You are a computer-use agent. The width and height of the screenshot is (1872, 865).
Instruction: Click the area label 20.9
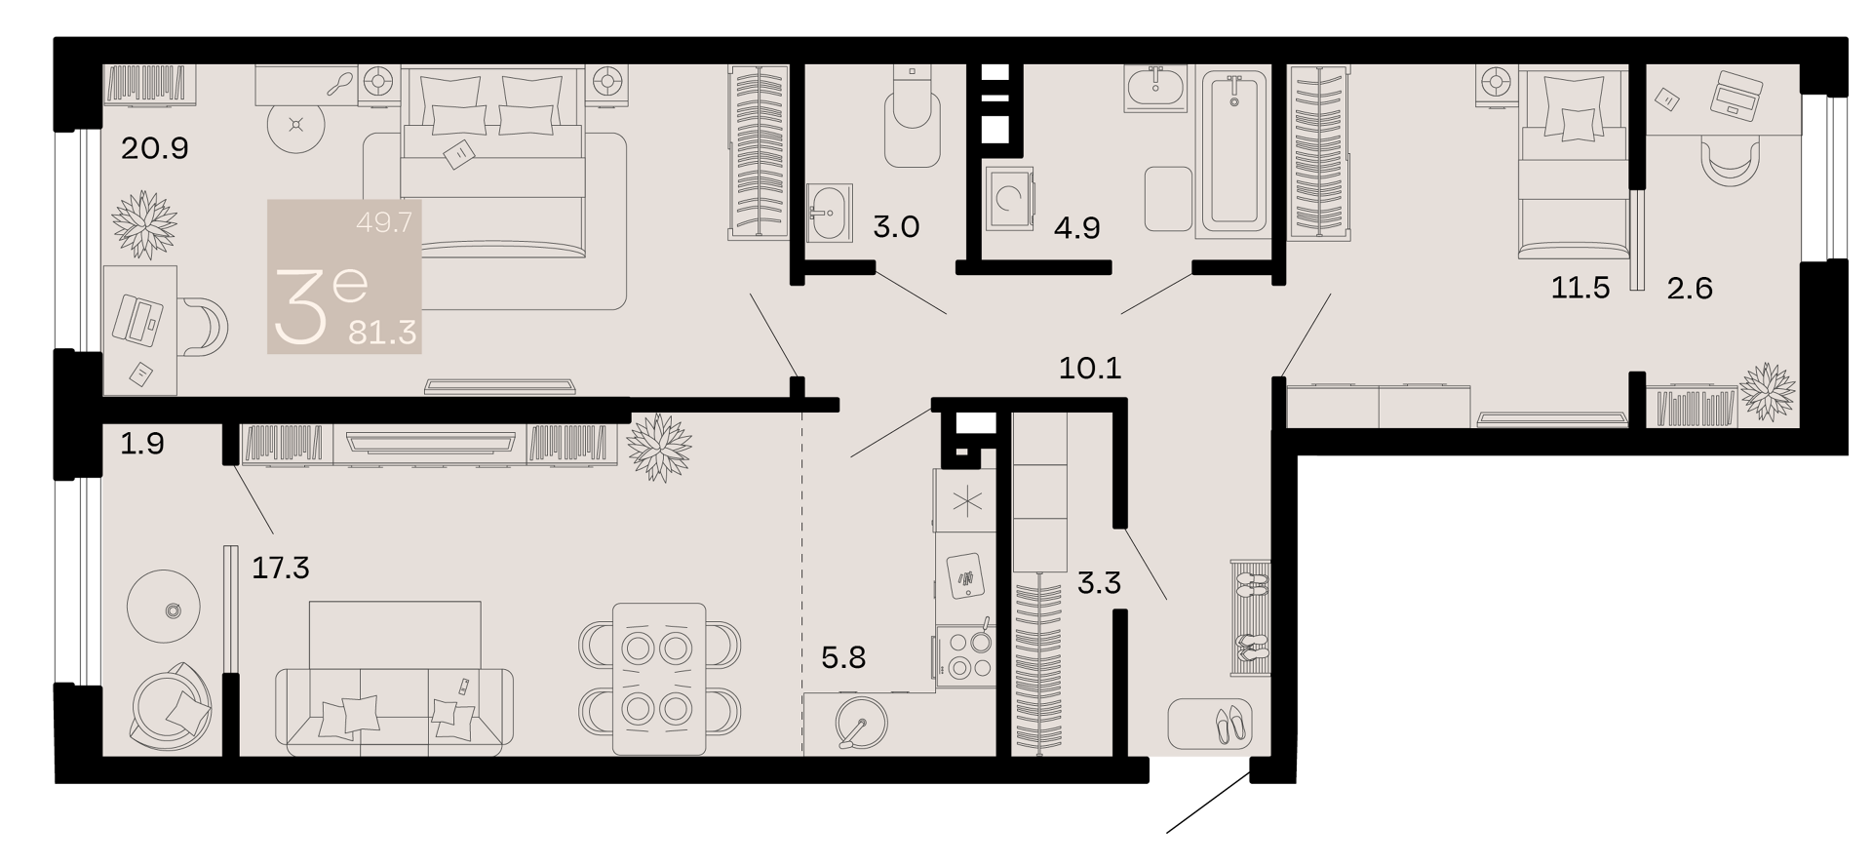[x=154, y=148]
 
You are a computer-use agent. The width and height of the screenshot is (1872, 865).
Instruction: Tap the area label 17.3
[x=281, y=567]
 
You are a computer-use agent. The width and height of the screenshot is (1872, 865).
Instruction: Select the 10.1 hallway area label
[x=1090, y=368]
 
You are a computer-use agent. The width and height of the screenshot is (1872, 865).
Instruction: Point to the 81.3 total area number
[x=383, y=333]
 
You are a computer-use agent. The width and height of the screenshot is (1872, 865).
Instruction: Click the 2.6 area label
[x=1690, y=288]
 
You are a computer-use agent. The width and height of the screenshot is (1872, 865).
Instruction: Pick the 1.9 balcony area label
[x=142, y=444]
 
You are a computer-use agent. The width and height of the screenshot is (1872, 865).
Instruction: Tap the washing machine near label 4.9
[x=1009, y=199]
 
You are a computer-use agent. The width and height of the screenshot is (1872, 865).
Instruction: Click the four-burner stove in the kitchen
[x=965, y=656]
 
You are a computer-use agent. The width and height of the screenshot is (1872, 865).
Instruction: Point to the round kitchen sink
[x=861, y=723]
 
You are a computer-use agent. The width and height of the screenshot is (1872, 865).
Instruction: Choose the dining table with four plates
[x=659, y=678]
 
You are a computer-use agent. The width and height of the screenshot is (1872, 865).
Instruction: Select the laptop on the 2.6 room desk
[x=1735, y=95]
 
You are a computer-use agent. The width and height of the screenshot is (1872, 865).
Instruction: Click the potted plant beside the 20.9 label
[x=144, y=224]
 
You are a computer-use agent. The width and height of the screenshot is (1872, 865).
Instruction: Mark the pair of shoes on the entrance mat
[x=1228, y=725]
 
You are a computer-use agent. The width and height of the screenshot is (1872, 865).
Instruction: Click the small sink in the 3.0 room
[x=830, y=212]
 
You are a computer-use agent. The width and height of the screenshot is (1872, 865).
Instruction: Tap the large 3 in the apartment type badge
[x=301, y=307]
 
